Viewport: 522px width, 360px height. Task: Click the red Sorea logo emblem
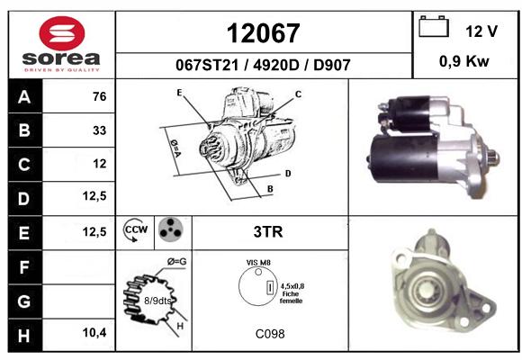(62, 33)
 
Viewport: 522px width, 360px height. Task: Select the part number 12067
(264, 33)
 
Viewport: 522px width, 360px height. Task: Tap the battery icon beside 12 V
(434, 26)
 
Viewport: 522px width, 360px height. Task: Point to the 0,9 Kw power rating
(464, 61)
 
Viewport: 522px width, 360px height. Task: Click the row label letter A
(24, 97)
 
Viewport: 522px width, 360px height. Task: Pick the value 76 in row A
(100, 96)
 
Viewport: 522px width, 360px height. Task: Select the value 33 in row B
(100, 130)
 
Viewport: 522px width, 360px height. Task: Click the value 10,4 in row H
(94, 332)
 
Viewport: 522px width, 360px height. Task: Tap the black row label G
(24, 301)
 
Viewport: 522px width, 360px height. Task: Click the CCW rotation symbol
(136, 229)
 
